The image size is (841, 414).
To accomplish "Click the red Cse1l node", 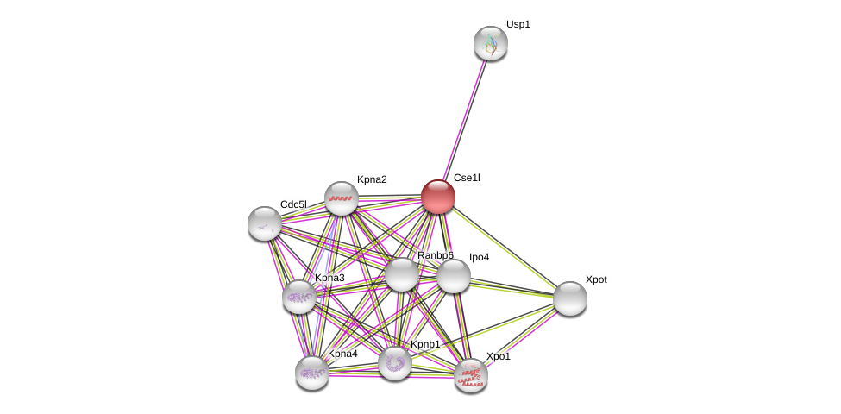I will pyautogui.click(x=438, y=197).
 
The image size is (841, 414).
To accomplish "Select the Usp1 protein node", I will pyautogui.click(x=491, y=43).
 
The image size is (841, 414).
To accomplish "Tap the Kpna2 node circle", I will pyautogui.click(x=342, y=198).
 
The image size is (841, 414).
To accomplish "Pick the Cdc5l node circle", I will pyautogui.click(x=265, y=223).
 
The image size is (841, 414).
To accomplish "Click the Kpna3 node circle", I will pyautogui.click(x=299, y=297).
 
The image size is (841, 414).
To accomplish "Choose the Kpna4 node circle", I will pyautogui.click(x=312, y=373).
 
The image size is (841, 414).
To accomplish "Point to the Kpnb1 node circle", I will pyautogui.click(x=395, y=363).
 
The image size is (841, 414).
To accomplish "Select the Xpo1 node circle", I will pyautogui.click(x=471, y=375).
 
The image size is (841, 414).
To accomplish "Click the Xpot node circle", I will pyautogui.click(x=570, y=298).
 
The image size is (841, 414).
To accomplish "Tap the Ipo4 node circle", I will pyautogui.click(x=454, y=276).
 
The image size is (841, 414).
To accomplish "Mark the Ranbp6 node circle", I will pyautogui.click(x=402, y=274).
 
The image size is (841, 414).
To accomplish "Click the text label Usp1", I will pyautogui.click(x=518, y=24).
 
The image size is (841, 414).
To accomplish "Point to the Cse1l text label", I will pyautogui.click(x=467, y=178).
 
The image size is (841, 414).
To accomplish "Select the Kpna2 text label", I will pyautogui.click(x=372, y=179).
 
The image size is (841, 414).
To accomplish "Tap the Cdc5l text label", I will pyautogui.click(x=293, y=204).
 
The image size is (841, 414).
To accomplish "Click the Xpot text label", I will pyautogui.click(x=596, y=279).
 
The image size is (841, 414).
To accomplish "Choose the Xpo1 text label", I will pyautogui.click(x=498, y=356).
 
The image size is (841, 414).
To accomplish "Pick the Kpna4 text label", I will pyautogui.click(x=342, y=354).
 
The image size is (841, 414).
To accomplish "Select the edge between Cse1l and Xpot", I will pyautogui.click(x=505, y=248).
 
